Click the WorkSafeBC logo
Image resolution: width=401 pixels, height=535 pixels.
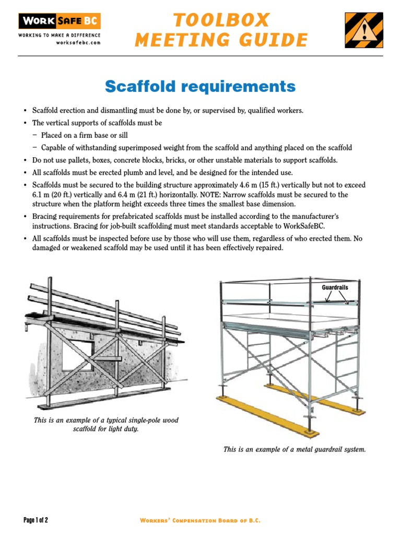[x=60, y=21]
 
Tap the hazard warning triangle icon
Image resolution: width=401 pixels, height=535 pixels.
[x=363, y=30]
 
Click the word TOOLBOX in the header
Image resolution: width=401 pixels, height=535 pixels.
[x=221, y=20]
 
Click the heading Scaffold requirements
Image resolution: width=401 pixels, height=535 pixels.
[x=200, y=86]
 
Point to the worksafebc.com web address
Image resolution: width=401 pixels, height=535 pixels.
[x=78, y=42]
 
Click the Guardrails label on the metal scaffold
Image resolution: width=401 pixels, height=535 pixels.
[x=335, y=287]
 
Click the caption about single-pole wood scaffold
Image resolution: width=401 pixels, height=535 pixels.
[x=106, y=425]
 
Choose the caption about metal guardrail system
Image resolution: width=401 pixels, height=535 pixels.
[x=294, y=449]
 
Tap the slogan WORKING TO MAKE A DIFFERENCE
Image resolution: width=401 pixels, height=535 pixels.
[x=60, y=36]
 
